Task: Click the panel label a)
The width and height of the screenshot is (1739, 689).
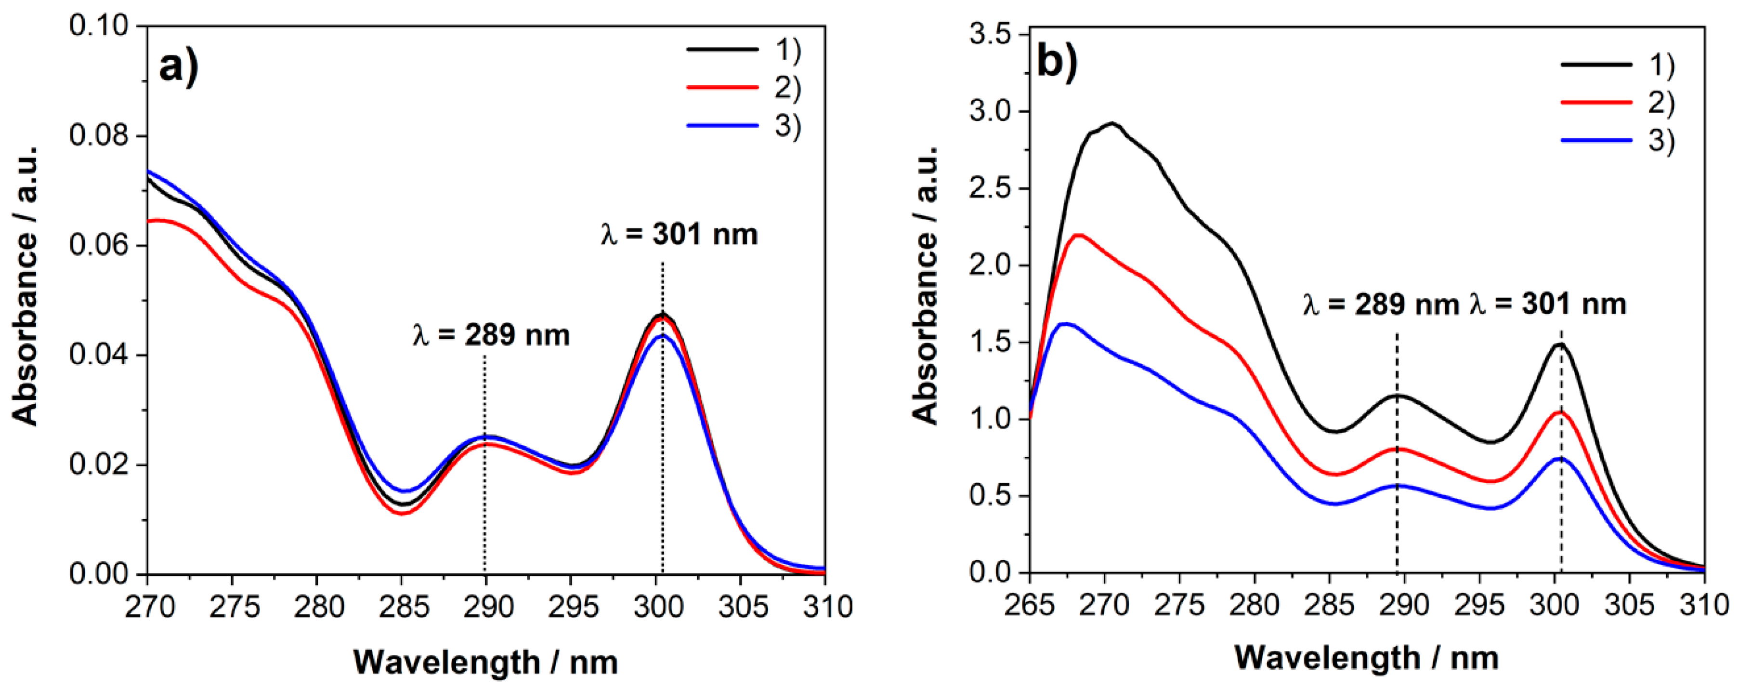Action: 178,67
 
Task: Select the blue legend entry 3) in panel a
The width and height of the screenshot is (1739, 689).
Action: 743,126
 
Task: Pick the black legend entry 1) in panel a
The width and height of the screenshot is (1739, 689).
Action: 743,49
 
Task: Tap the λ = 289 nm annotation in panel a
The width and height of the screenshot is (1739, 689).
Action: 491,335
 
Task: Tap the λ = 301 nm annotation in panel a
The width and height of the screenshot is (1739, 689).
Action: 679,234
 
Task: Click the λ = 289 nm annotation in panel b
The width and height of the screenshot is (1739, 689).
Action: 1381,305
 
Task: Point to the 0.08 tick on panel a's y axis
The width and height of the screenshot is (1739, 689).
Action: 99,136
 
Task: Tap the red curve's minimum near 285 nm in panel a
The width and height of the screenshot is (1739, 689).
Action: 402,513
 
